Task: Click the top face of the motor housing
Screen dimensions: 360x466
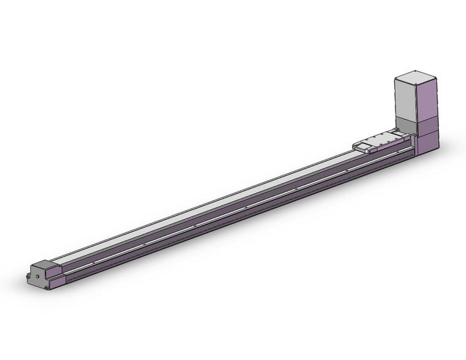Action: coord(416,79)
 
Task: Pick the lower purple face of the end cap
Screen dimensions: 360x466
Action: coord(56,282)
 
